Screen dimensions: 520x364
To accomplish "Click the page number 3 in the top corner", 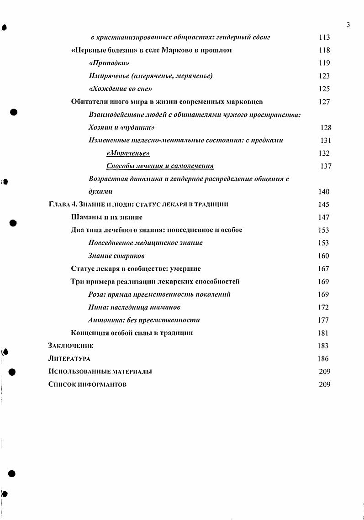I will point(348,25).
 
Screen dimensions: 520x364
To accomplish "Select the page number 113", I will point(324,37).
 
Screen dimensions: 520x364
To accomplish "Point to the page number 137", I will point(326,166).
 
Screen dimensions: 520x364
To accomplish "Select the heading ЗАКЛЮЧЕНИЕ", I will point(71,346).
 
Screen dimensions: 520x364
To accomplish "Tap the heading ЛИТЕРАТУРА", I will point(69,359).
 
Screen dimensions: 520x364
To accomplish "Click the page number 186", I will point(323,359).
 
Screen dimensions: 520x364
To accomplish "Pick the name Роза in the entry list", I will point(97,294).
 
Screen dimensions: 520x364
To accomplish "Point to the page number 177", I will point(323,320).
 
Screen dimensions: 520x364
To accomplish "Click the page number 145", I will point(323,205).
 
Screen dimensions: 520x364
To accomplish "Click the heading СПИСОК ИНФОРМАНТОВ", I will point(87,384).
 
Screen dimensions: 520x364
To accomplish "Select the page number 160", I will point(323,256).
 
